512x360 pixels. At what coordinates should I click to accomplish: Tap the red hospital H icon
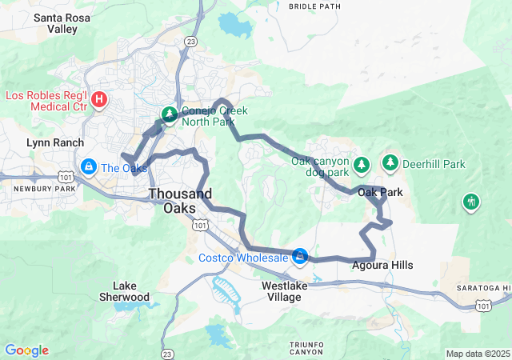tap(99, 99)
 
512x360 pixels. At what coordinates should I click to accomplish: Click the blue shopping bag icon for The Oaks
tap(87, 167)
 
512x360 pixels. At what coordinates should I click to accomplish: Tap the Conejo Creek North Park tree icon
tap(170, 115)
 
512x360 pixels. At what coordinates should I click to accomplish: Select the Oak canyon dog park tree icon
tap(362, 164)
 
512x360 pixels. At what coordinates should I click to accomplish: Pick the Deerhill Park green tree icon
tap(390, 164)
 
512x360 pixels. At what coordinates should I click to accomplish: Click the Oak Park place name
tap(379, 192)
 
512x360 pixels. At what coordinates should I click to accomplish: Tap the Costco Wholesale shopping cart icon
tap(300, 257)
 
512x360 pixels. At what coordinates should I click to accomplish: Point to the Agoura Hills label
tap(382, 265)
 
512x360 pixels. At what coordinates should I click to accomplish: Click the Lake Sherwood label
tap(131, 291)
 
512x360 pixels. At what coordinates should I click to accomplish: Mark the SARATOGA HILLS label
tap(483, 287)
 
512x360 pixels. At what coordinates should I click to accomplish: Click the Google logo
tap(26, 350)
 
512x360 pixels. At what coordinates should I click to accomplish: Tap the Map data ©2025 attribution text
tap(477, 354)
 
